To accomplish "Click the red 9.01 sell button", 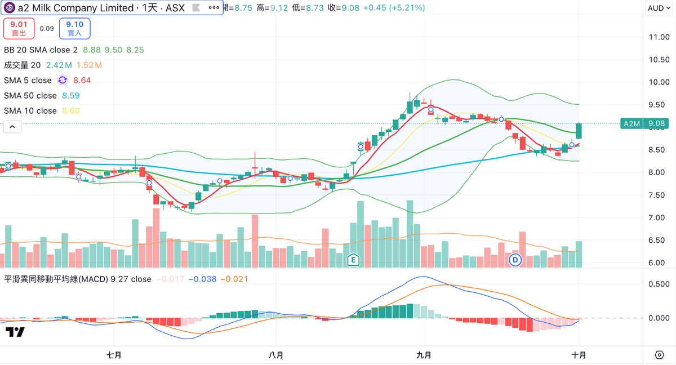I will click(19, 28).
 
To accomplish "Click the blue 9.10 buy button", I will click(74, 28).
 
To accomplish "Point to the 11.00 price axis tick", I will click(659, 37).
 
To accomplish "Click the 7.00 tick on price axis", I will click(659, 217).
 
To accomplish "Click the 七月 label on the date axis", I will click(114, 355).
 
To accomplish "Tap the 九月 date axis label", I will click(424, 355).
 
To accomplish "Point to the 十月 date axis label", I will click(579, 355).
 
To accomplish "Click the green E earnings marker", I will click(353, 260).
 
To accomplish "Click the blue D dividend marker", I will click(515, 260).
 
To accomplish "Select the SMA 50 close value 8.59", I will click(71, 96).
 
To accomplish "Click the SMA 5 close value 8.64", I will click(82, 81).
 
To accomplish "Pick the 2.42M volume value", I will click(57, 65).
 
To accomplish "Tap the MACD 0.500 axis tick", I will click(659, 284).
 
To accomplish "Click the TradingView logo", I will click(15, 332).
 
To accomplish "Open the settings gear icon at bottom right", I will click(659, 355).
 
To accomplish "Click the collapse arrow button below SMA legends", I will click(12, 127).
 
